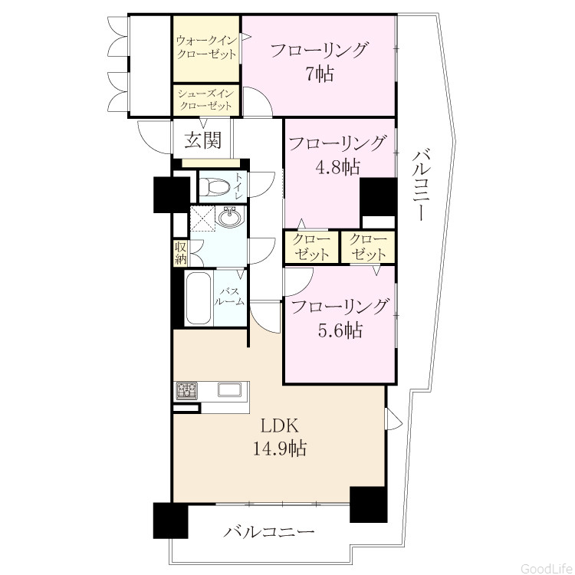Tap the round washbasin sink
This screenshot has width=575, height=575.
(231, 216)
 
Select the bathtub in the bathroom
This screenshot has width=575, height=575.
(199, 297)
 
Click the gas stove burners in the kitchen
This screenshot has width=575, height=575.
(186, 390)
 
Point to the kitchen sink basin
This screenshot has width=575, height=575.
(230, 389)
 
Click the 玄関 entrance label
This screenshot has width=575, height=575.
(203, 140)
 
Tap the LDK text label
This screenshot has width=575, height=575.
(279, 426)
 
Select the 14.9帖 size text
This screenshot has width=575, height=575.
(280, 449)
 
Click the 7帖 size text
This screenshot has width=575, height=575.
(320, 74)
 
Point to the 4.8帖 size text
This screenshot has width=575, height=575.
(338, 167)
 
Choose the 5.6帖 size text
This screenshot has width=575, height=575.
(340, 330)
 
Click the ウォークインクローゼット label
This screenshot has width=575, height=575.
(206, 48)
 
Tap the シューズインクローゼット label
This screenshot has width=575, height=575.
(206, 100)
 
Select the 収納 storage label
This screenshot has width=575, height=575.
(181, 253)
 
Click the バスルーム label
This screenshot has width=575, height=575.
(229, 297)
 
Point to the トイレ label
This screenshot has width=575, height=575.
(238, 186)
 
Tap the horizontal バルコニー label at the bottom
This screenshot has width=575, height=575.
(270, 532)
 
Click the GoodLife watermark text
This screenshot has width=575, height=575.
(547, 568)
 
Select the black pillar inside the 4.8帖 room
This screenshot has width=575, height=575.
(379, 197)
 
